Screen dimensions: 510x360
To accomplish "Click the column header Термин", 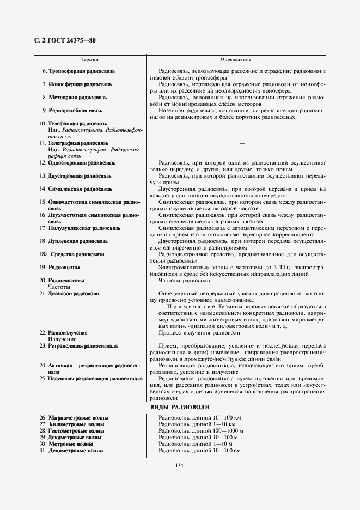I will pos(89,59).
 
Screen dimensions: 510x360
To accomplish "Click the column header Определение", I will pos(236,59).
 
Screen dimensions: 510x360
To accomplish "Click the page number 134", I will pos(179,465).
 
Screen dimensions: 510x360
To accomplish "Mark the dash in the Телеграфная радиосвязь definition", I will pos(242,143).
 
